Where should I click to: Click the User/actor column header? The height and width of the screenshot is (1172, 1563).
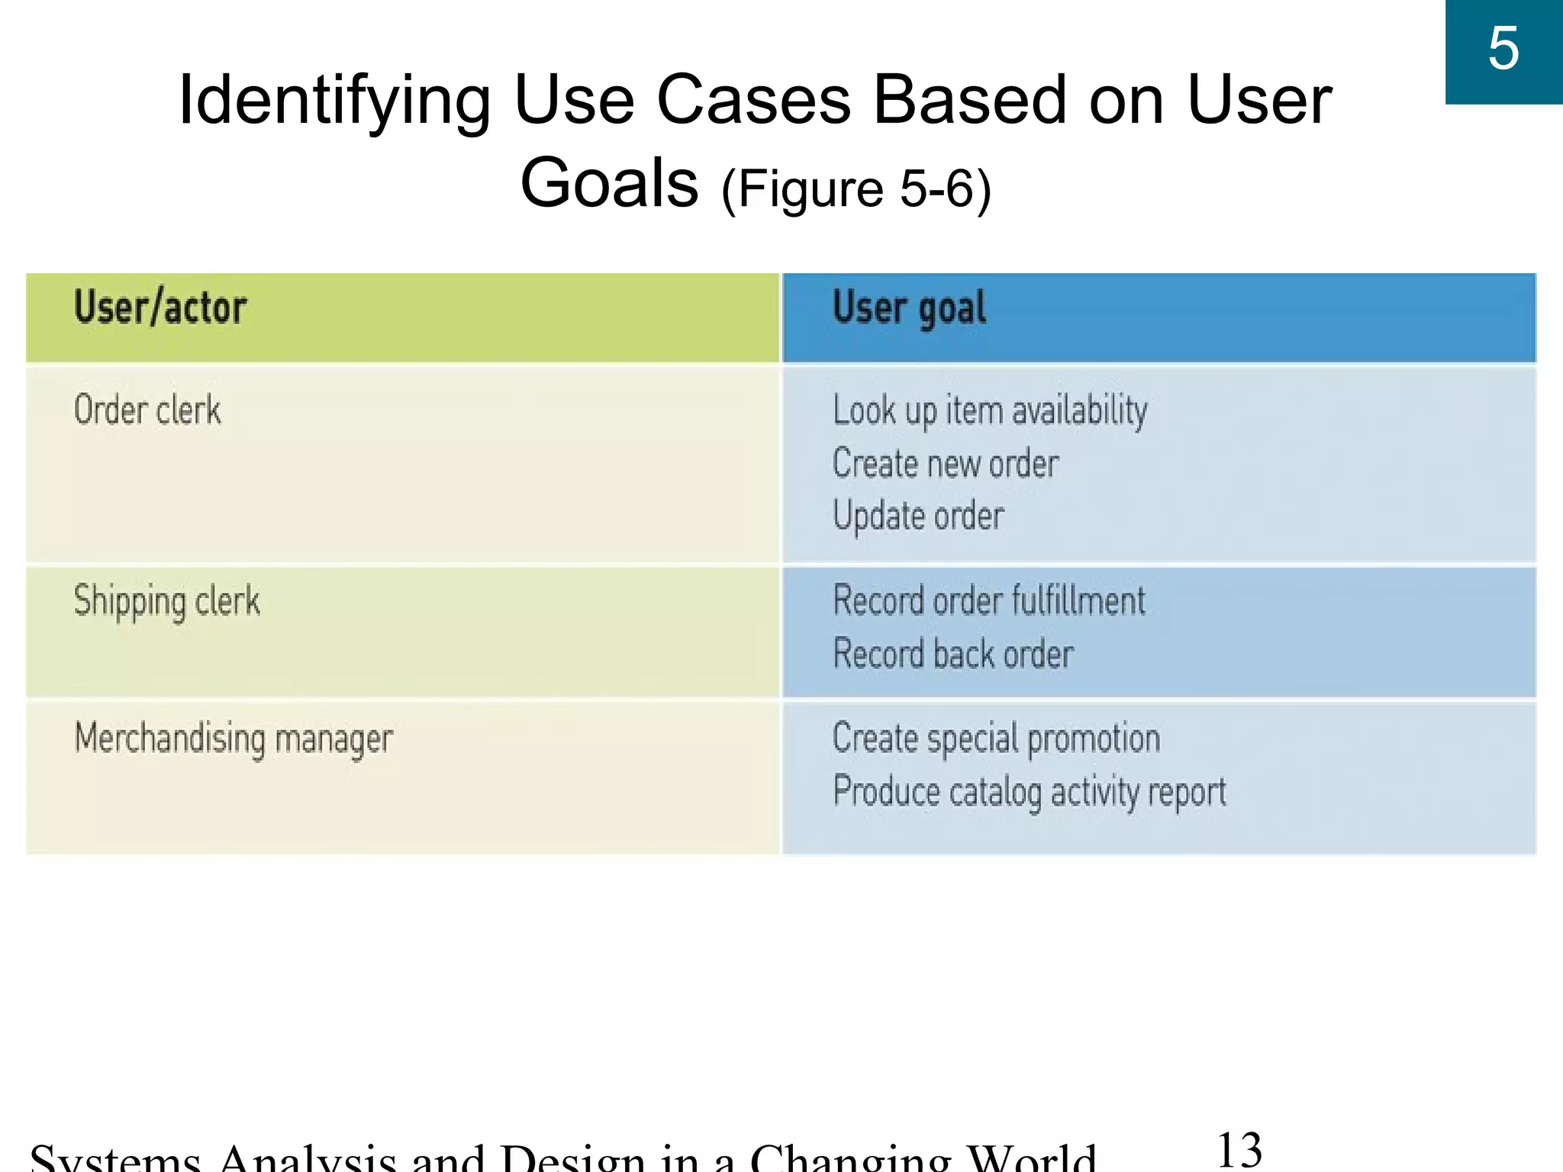(x=160, y=309)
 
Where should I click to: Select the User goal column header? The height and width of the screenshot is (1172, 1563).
(x=909, y=309)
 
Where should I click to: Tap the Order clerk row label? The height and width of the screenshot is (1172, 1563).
(x=147, y=410)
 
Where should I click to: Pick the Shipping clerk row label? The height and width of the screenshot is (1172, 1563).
(x=166, y=601)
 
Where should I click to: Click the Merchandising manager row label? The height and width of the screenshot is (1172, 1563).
(x=234, y=739)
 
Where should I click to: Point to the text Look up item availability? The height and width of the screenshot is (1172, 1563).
(x=990, y=411)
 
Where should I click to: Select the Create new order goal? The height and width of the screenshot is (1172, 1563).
(x=946, y=464)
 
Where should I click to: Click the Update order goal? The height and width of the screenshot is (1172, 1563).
(x=918, y=517)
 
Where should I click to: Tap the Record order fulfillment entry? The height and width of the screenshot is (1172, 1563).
(x=989, y=600)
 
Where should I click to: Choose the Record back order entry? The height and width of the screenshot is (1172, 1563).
(x=953, y=654)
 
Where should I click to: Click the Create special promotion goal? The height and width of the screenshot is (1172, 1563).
(x=996, y=739)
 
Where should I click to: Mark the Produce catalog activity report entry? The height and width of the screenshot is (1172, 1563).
(x=1030, y=792)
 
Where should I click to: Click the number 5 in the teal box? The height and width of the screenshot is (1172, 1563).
(x=1503, y=49)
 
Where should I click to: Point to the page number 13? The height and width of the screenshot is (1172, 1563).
(x=1239, y=1150)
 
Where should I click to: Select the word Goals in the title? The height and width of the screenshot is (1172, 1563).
(x=609, y=183)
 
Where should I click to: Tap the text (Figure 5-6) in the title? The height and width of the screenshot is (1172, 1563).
(x=856, y=188)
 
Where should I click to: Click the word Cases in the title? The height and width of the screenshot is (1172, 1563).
(x=753, y=100)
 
